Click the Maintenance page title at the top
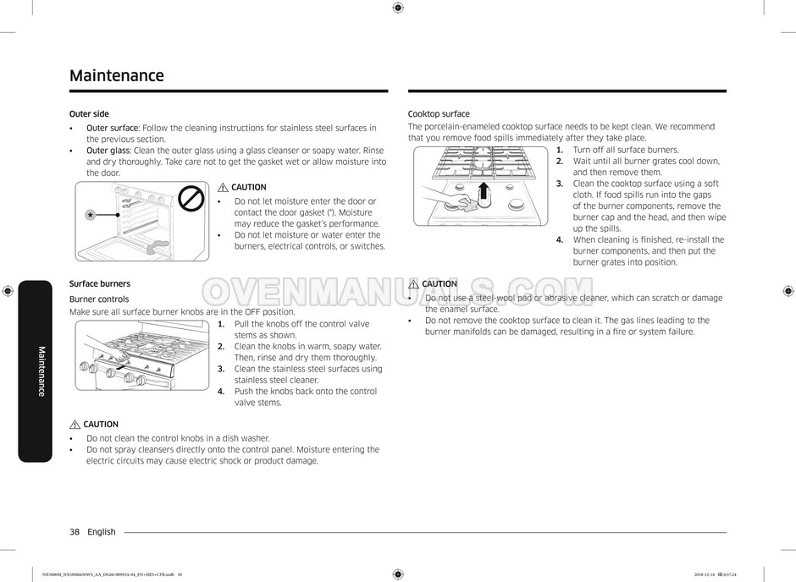[117, 75]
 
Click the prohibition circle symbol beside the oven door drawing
[194, 199]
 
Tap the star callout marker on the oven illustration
[90, 216]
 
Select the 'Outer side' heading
[89, 114]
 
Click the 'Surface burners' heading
[100, 284]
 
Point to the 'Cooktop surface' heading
[439, 114]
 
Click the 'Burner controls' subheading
[99, 299]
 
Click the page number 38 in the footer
[75, 532]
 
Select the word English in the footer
[102, 532]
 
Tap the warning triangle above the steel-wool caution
[414, 284]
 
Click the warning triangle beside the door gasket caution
[223, 188]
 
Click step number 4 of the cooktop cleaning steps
[560, 240]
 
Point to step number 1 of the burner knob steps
[221, 324]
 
